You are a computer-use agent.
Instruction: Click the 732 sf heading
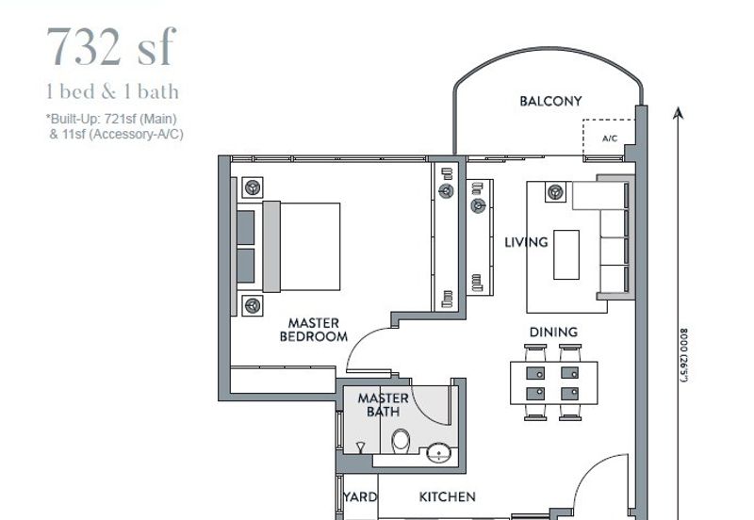point(110,47)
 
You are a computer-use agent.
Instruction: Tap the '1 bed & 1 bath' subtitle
point(112,92)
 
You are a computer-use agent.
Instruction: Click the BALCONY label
point(550,102)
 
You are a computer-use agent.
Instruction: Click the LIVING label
point(525,243)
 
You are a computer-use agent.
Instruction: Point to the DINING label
point(553,332)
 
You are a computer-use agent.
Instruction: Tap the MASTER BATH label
point(383,405)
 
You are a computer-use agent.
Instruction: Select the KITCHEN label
point(447,496)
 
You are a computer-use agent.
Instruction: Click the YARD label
point(360,496)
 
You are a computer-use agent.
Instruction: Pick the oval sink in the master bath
point(439,455)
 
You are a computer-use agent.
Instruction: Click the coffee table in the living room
point(566,254)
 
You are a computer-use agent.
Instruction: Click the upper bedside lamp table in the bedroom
point(253,187)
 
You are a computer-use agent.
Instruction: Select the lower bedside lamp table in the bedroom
point(253,304)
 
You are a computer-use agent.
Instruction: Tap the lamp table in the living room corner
point(554,193)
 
